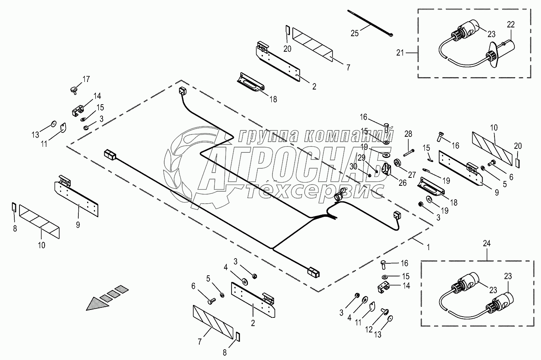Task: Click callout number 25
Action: pyautogui.click(x=354, y=33)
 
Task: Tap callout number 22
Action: pyautogui.click(x=510, y=25)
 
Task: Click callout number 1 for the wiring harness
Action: pyautogui.click(x=428, y=247)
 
